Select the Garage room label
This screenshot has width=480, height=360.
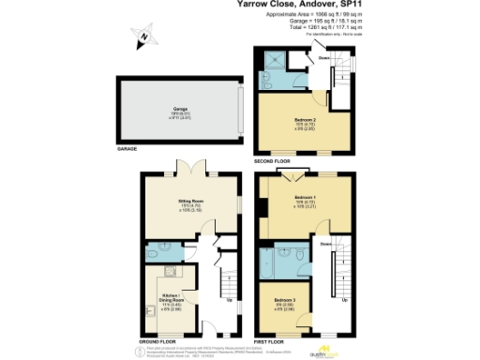[177, 110]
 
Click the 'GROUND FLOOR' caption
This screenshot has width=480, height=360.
[158, 340]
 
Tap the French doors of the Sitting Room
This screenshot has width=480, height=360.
[192, 169]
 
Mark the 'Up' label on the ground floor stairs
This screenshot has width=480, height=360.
[231, 301]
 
